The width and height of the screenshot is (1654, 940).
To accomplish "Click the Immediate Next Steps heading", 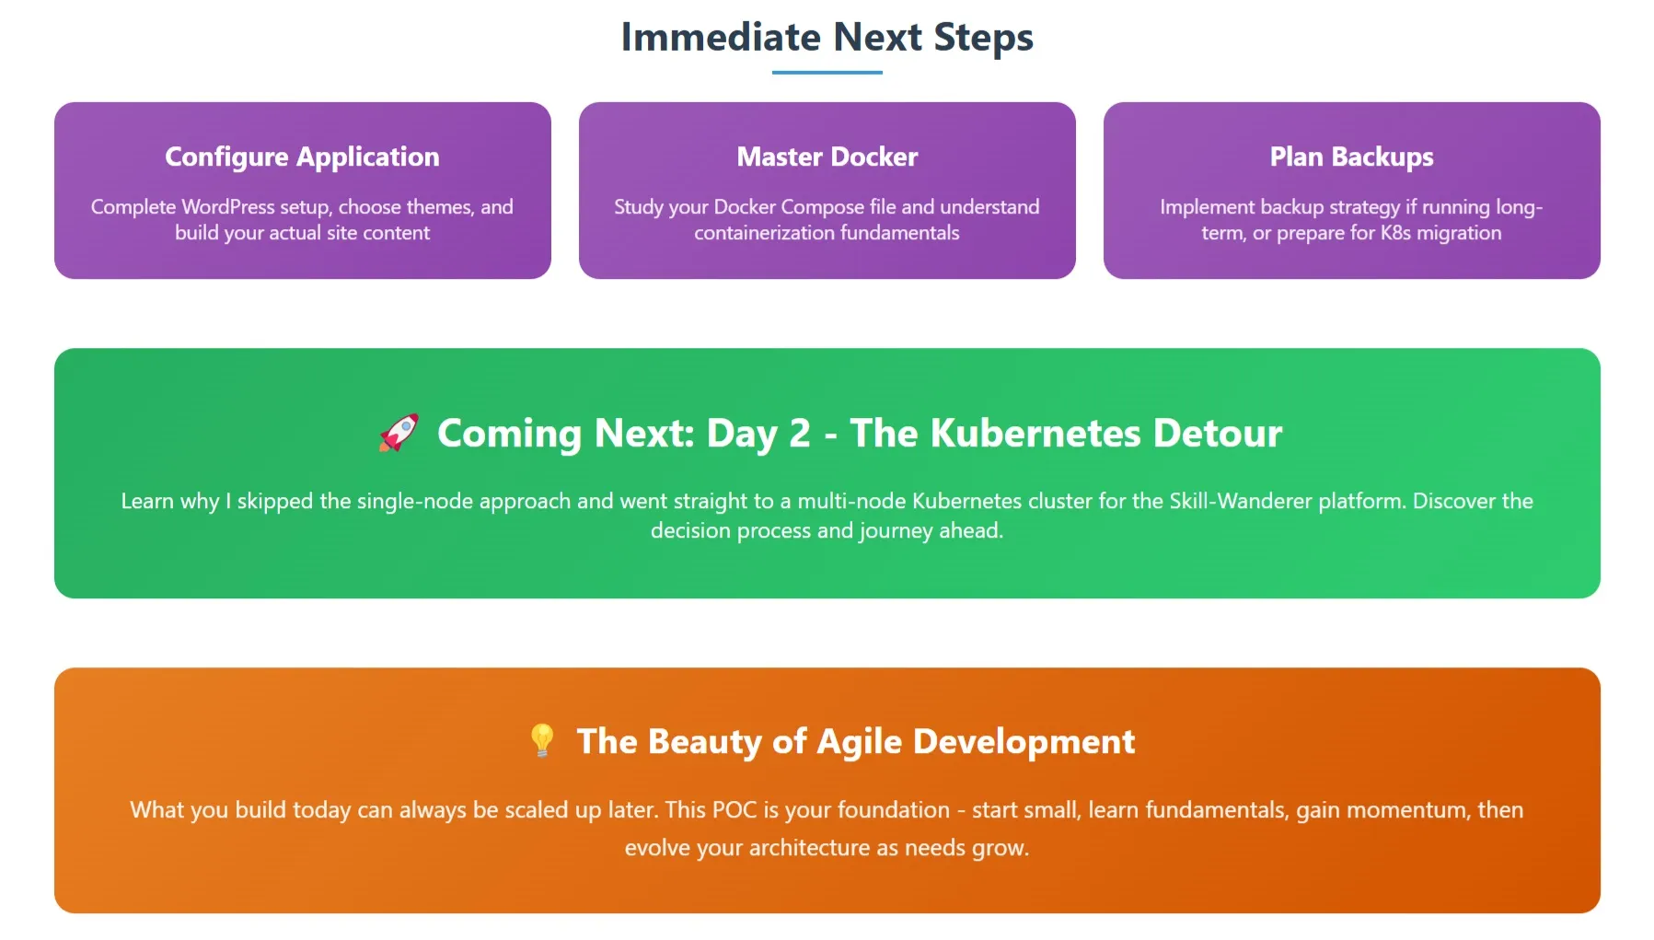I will click(827, 38).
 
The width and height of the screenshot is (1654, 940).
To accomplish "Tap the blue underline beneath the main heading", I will click(827, 72).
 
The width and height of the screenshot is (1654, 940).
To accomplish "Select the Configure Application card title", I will click(302, 157).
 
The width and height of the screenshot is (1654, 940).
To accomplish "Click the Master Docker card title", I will click(827, 157).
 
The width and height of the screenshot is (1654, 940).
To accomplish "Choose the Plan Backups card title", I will click(1351, 157).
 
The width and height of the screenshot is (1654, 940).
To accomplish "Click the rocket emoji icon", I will click(399, 433).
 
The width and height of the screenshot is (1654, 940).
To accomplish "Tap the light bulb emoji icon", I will click(542, 740).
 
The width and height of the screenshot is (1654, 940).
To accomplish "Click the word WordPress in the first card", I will click(227, 207).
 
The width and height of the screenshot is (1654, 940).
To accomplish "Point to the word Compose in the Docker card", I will click(822, 207).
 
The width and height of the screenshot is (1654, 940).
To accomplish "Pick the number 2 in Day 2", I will click(800, 433).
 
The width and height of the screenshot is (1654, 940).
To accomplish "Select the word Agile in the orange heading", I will click(859, 741).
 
